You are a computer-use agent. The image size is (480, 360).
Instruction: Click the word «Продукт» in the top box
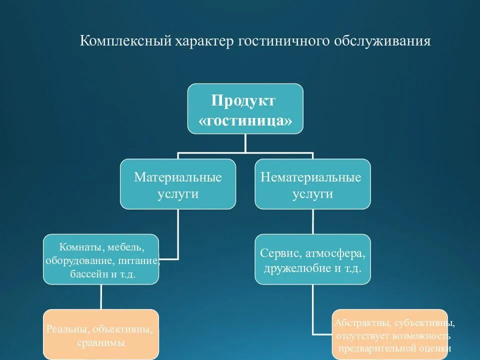click(243, 100)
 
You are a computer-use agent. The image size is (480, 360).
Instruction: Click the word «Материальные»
click(177, 177)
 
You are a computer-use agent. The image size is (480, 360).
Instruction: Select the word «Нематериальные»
click(312, 177)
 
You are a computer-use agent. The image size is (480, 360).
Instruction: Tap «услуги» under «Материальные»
click(177, 193)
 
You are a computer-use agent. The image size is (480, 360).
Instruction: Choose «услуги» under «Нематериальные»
click(312, 193)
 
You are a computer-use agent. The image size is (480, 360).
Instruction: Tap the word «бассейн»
click(84, 274)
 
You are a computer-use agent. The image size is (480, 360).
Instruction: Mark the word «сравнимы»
click(101, 343)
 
